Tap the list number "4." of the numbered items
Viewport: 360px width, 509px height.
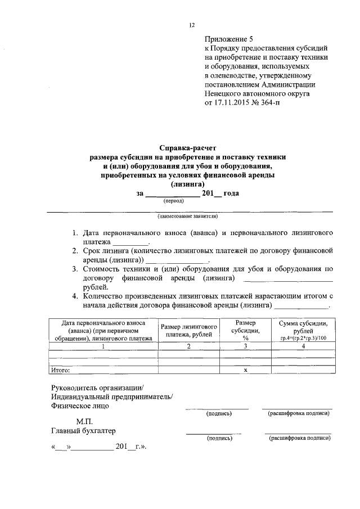[75, 296]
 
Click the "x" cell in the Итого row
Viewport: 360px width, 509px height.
[246, 370]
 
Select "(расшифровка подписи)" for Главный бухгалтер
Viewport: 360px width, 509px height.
[299, 438]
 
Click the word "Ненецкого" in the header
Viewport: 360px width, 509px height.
[224, 94]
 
